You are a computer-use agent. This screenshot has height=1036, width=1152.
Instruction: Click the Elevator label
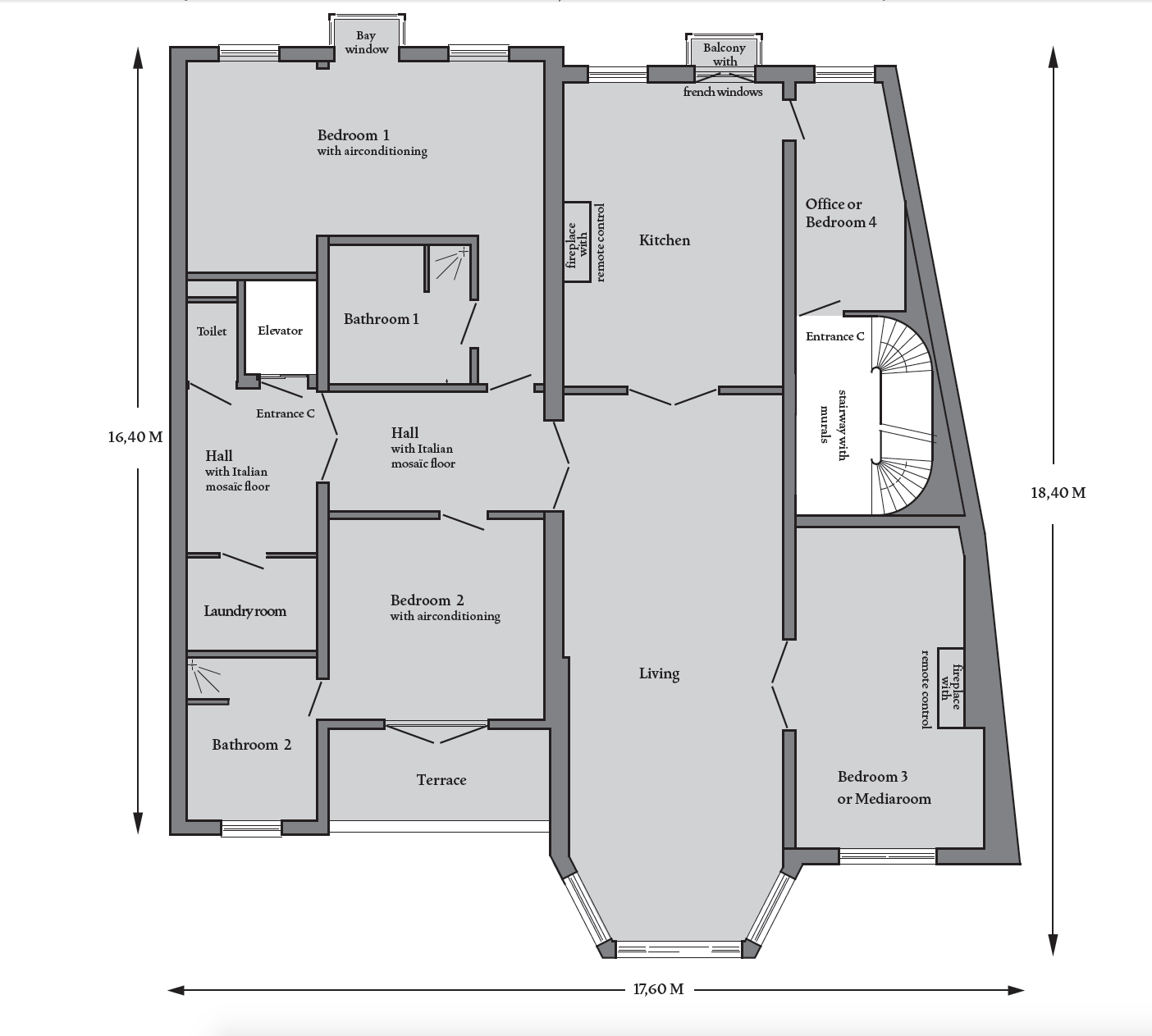click(280, 331)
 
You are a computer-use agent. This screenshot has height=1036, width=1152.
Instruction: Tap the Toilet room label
click(212, 331)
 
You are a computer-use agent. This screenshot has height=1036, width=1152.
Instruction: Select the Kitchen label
click(665, 240)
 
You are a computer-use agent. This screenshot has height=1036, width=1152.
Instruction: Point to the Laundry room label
click(245, 611)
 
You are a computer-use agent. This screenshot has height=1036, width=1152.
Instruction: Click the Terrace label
click(441, 780)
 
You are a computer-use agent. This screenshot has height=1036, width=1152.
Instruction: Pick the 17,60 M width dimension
click(658, 989)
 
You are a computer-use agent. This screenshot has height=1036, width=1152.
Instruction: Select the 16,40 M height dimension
click(135, 437)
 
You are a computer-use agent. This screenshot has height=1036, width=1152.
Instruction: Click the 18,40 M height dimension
click(1058, 493)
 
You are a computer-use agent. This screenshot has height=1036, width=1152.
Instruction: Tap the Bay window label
click(367, 43)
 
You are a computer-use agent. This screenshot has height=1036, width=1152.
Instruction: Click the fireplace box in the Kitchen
click(577, 242)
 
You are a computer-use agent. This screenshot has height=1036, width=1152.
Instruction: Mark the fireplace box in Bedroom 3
click(950, 688)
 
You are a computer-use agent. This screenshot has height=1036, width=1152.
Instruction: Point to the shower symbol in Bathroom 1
click(450, 264)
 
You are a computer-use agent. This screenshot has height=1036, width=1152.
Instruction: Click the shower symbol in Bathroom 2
click(203, 678)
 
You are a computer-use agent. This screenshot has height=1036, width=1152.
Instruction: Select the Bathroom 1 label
click(382, 319)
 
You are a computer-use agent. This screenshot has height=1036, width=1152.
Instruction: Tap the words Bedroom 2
click(427, 600)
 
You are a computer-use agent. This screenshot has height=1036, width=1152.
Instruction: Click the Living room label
click(659, 673)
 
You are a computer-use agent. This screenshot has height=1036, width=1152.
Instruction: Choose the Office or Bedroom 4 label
click(841, 213)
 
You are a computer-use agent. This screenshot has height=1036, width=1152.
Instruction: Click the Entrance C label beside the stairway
click(834, 336)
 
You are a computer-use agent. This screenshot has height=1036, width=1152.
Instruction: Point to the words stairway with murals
click(834, 425)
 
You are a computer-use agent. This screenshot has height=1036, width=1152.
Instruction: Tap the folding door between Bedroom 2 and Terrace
click(437, 733)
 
